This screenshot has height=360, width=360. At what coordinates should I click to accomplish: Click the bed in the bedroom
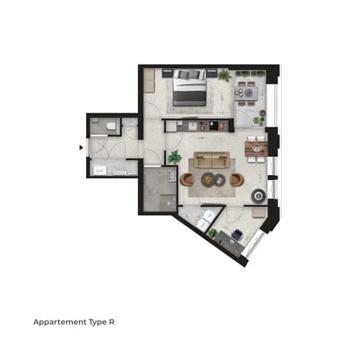(x=190, y=88)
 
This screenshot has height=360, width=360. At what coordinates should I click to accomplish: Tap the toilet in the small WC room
(x=111, y=126)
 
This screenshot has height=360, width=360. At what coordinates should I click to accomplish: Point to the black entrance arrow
(x=81, y=145)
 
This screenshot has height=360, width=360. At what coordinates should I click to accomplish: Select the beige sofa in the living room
(x=210, y=161)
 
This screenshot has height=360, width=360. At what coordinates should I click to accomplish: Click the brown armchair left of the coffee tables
(x=188, y=179)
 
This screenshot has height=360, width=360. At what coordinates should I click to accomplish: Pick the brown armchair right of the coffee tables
(x=237, y=179)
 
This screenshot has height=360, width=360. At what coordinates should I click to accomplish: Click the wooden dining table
(x=254, y=147)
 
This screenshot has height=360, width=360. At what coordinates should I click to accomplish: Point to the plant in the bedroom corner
(x=225, y=75)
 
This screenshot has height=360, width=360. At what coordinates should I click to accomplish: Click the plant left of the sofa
(x=175, y=157)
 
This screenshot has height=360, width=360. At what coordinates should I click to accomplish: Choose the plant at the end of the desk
(x=213, y=232)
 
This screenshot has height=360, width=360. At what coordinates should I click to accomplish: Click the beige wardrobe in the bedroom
(x=149, y=80)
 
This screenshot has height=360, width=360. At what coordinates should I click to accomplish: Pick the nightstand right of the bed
(x=211, y=74)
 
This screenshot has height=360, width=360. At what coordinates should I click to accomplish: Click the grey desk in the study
(x=227, y=242)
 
